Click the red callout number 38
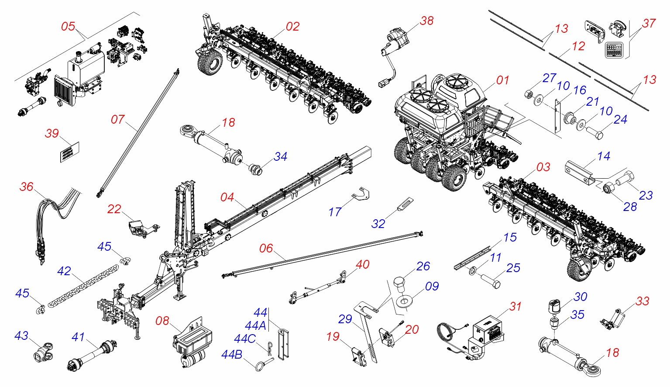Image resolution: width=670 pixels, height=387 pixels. tap(427, 21)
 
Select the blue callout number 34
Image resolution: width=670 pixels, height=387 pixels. tap(281, 156)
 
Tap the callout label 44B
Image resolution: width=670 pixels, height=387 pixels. tap(232, 355)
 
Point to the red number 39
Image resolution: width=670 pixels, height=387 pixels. tap(52, 134)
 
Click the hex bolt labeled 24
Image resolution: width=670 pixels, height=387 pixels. tap(594, 133)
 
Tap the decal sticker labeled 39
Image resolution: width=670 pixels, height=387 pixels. tap(70, 152)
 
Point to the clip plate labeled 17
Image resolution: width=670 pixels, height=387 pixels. tap(361, 193)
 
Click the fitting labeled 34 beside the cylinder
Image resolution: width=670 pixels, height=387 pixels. tap(256, 169)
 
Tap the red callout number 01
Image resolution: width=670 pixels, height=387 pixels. tap(503, 80)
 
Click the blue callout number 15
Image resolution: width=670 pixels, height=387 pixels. tap(510, 237)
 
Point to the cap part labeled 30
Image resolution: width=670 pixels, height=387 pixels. tap(554, 307)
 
